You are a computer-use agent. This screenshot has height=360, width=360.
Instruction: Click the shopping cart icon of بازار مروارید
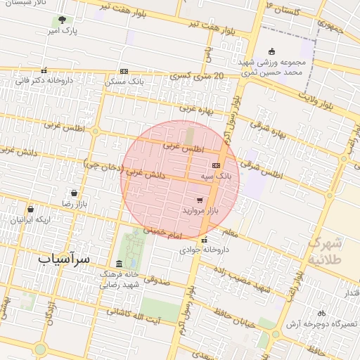tap(200, 200)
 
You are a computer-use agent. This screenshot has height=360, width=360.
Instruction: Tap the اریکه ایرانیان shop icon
tap(30, 209)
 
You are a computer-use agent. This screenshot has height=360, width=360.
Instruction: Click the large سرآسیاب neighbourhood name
tap(65, 259)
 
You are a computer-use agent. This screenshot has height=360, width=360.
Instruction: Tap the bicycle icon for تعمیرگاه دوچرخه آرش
tap(321, 313)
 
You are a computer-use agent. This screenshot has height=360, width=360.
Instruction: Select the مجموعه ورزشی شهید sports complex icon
tap(273, 51)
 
